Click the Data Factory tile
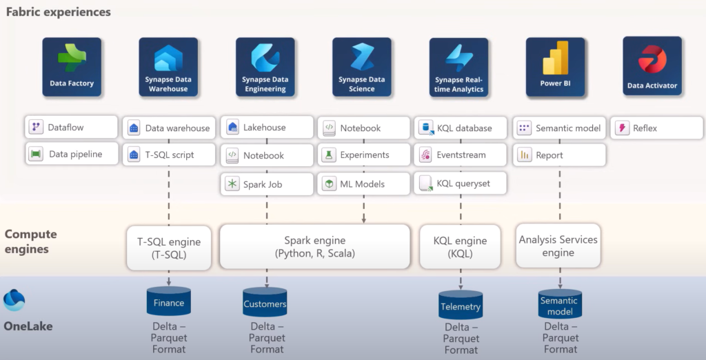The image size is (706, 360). (72, 67)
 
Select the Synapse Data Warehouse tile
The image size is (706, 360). (168, 67)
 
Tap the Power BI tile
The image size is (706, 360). (555, 67)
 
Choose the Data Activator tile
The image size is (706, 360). (652, 67)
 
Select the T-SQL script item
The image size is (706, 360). (168, 155)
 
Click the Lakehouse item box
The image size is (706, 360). (265, 128)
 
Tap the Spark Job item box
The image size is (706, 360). (265, 184)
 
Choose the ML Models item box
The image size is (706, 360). (362, 184)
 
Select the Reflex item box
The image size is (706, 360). (656, 128)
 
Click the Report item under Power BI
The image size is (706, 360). (559, 155)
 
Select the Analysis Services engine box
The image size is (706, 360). (558, 246)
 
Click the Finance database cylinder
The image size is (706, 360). (169, 302)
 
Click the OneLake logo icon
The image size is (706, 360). (14, 300)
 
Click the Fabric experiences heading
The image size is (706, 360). (59, 12)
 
